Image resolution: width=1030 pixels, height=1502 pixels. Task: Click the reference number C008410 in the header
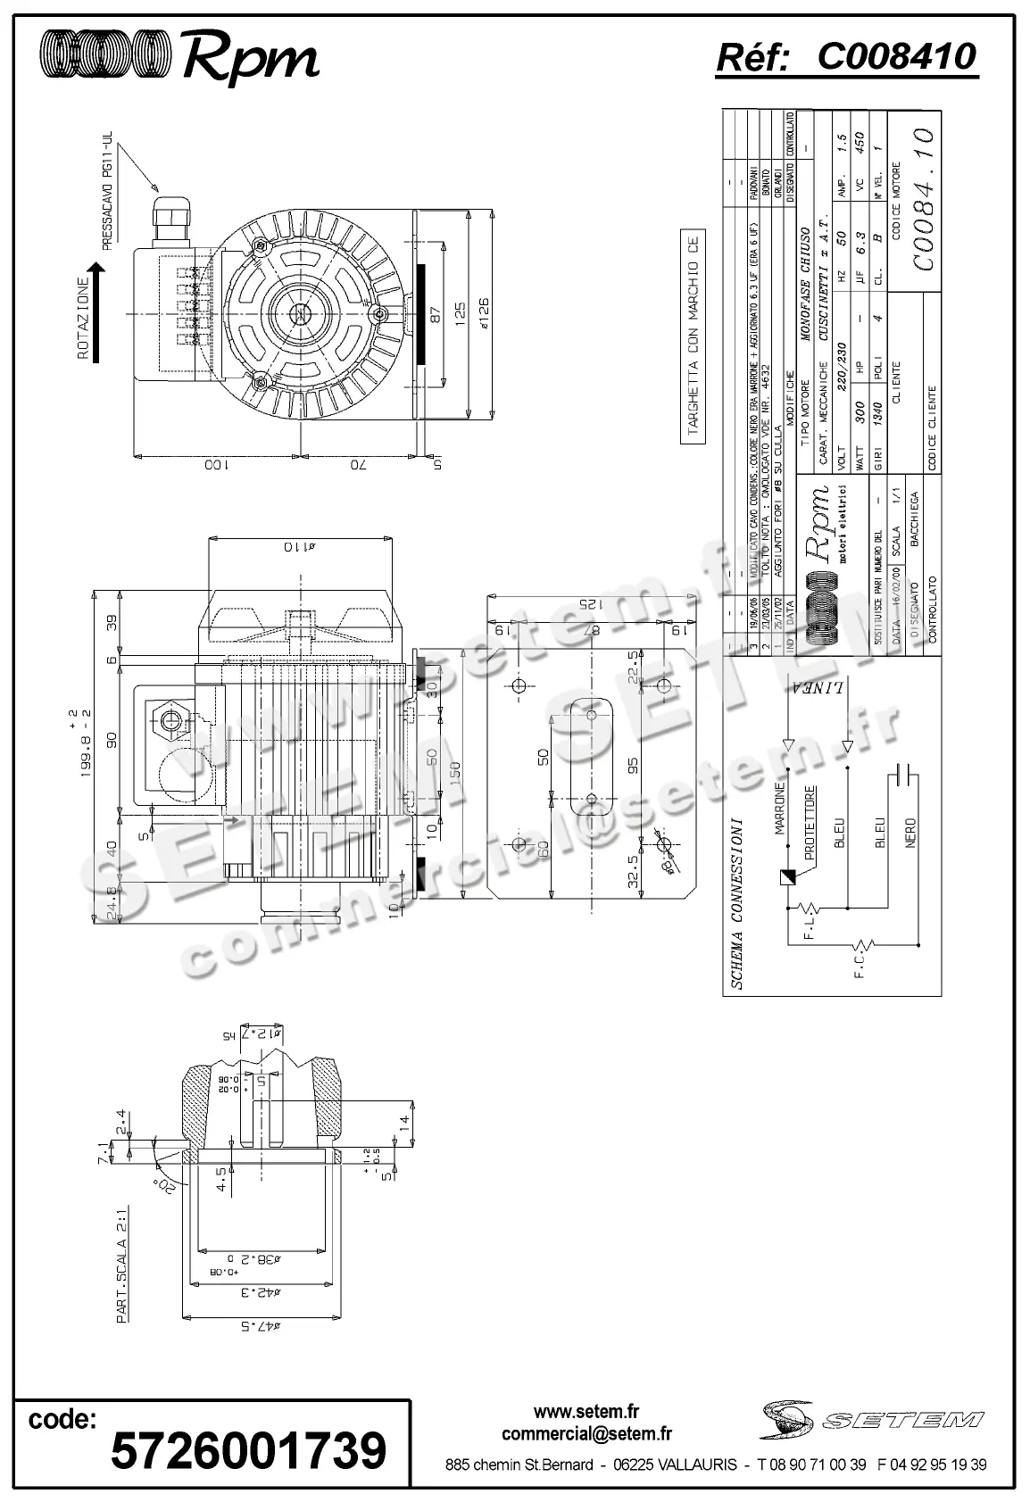(897, 57)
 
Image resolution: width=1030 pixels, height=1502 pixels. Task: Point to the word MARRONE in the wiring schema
(779, 809)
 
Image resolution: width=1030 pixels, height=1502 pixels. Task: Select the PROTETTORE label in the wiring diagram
(810, 822)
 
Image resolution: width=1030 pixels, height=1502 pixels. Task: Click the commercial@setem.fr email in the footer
(586, 1434)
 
